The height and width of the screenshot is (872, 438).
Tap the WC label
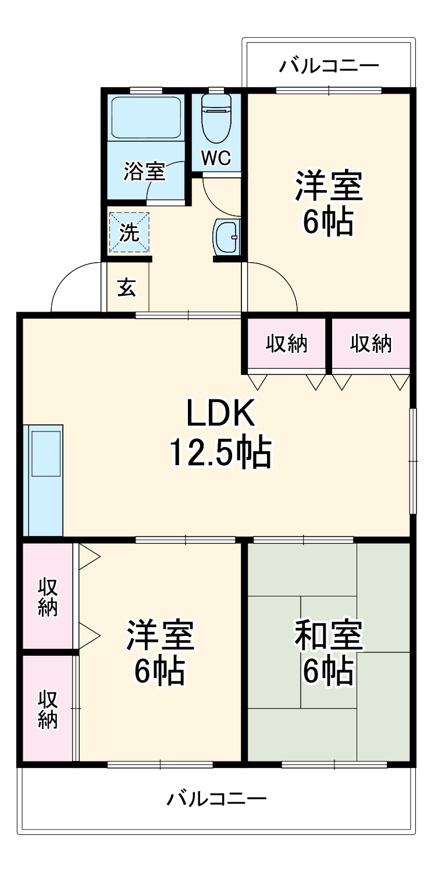pyautogui.click(x=216, y=158)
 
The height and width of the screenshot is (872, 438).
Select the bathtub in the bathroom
pyautogui.click(x=146, y=117)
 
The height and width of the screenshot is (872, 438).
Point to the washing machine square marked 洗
pyautogui.click(x=129, y=232)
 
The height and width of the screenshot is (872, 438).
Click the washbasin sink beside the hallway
pyautogui.click(x=226, y=237)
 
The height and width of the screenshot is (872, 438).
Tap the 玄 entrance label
pyautogui.click(x=127, y=287)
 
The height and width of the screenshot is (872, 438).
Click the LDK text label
pyautogui.click(x=220, y=414)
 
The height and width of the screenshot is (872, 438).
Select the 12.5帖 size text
pyautogui.click(x=220, y=453)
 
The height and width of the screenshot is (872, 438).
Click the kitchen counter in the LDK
pyautogui.click(x=44, y=480)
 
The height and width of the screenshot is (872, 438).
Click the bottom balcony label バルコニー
pyautogui.click(x=217, y=799)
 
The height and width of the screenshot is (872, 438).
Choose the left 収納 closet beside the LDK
pyautogui.click(x=287, y=344)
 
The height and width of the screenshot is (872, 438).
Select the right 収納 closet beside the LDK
pyautogui.click(x=371, y=344)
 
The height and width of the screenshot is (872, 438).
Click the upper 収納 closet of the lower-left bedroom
pyautogui.click(x=48, y=596)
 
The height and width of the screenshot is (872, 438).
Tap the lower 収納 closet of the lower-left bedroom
pyautogui.click(x=48, y=709)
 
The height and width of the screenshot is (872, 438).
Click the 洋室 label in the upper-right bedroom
pyautogui.click(x=329, y=185)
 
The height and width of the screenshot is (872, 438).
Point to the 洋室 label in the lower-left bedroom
pyautogui.click(x=161, y=635)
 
